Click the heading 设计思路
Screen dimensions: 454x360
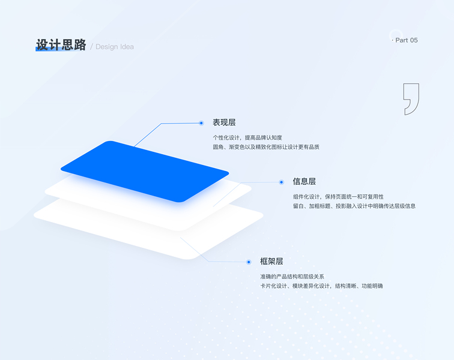(61, 44)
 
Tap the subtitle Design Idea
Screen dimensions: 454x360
(115, 47)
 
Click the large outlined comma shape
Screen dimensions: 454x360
(411, 98)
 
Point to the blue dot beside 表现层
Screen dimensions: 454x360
(201, 123)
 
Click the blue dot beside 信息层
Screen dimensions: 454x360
(281, 182)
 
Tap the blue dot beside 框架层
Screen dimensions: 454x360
(248, 262)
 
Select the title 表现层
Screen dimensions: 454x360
(224, 122)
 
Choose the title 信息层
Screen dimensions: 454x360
(304, 181)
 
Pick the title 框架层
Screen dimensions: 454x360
(271, 261)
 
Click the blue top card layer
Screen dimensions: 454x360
(144, 170)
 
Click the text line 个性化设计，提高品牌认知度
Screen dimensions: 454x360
(247, 137)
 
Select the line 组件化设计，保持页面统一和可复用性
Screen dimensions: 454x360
(338, 197)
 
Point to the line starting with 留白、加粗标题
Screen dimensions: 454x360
(354, 206)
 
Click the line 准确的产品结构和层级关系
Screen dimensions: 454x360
(292, 277)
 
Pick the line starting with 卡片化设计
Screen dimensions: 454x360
(321, 286)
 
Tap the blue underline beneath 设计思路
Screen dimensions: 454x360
(61, 49)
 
